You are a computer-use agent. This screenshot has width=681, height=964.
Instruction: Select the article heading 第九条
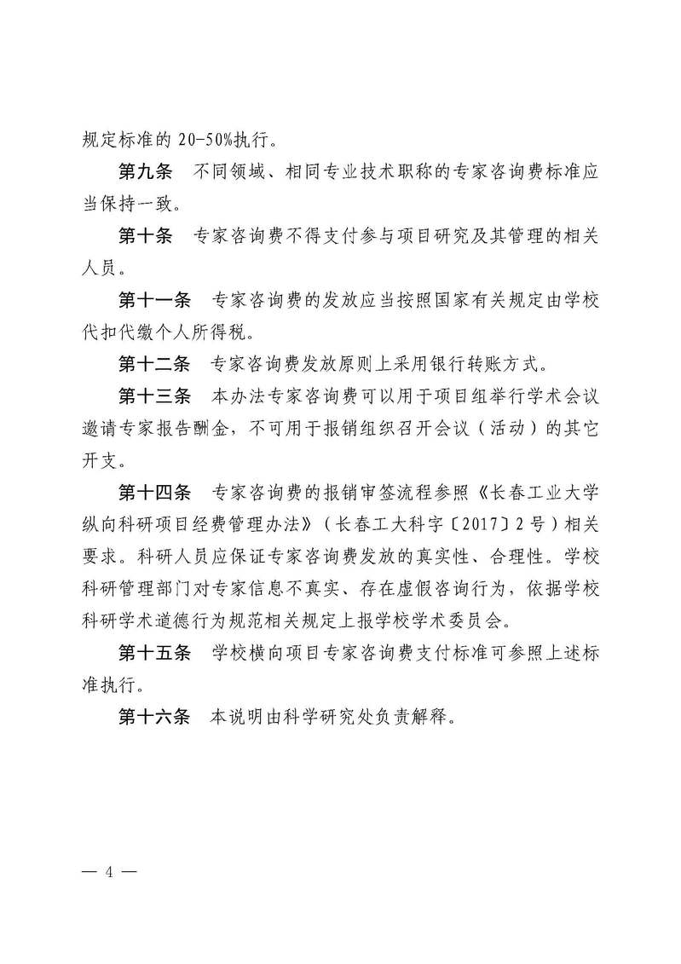point(144,172)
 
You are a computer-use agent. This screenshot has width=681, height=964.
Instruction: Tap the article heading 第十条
point(144,236)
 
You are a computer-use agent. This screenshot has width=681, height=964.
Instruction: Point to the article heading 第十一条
point(153,301)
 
